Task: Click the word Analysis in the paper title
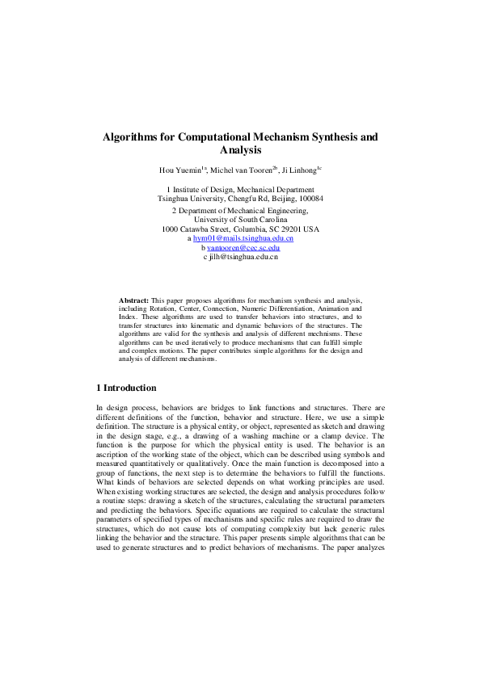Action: click(240, 150)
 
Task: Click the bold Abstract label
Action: click(133, 300)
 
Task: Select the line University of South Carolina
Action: click(240, 219)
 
